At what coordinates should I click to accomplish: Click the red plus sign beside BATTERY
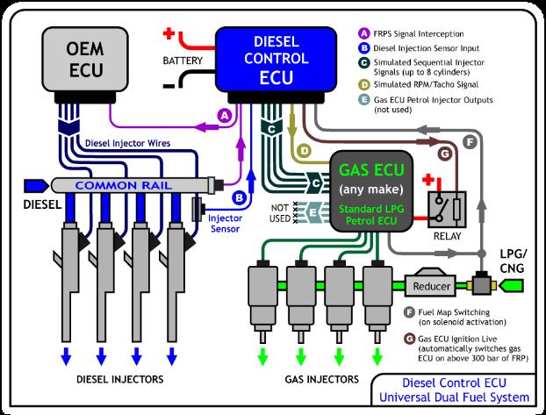(169, 35)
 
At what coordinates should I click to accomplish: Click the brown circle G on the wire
(445, 154)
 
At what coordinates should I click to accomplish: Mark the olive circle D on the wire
(304, 151)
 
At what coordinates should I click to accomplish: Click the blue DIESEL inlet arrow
(37, 185)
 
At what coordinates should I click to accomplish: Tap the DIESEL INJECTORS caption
(119, 380)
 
